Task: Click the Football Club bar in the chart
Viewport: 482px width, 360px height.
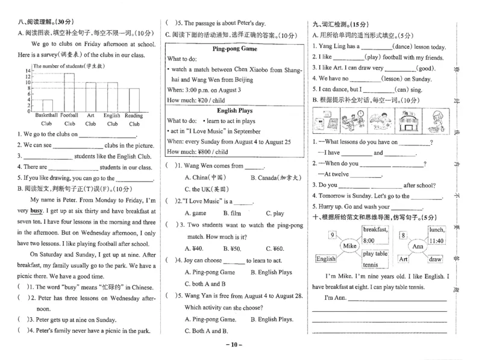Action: [x=69, y=92]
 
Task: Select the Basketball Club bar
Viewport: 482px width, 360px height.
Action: [x=47, y=105]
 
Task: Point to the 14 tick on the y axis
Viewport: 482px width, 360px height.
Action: [x=28, y=71]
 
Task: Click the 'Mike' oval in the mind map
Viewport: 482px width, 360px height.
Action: [x=349, y=246]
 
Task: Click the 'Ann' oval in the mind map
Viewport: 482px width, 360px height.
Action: [x=417, y=246]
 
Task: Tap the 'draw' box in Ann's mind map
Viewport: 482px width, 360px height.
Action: [x=436, y=259]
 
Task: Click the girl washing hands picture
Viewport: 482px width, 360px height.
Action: [x=438, y=121]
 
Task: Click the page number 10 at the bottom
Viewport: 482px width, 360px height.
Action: [x=236, y=345]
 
